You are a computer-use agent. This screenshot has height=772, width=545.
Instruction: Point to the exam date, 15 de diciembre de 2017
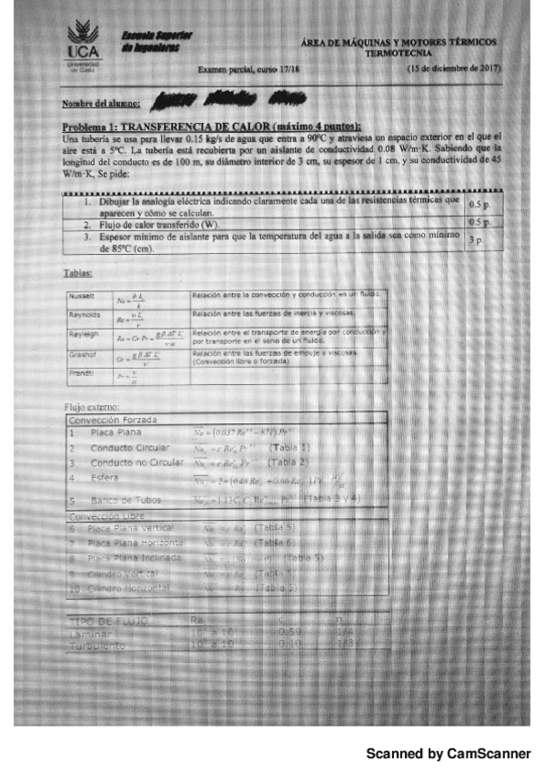[455, 68]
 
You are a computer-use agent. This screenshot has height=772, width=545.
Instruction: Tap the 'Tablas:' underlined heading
[76, 272]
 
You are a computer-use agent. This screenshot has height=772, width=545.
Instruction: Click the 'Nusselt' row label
[82, 297]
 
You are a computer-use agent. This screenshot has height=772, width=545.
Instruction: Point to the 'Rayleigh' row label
[83, 334]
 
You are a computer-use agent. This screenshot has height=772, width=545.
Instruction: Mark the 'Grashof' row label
[83, 353]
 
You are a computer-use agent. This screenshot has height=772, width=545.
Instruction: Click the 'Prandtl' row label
[81, 371]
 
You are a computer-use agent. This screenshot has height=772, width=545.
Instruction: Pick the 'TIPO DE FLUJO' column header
[108, 620]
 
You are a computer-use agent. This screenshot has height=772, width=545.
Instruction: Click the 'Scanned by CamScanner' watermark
[448, 754]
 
